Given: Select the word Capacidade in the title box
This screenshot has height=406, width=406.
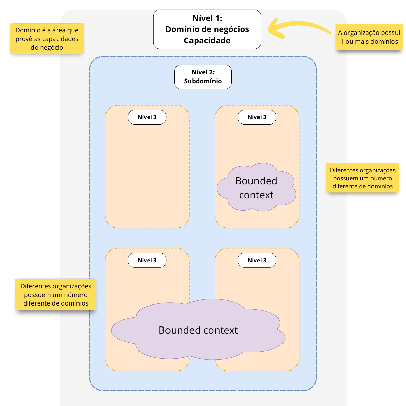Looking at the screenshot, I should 207,41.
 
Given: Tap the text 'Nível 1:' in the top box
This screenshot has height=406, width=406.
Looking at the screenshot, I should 207,18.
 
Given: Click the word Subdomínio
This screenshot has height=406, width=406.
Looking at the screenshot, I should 203,81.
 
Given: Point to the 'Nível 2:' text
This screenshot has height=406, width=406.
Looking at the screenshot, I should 203,72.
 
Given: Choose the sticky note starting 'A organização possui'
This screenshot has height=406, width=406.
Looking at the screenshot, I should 369,37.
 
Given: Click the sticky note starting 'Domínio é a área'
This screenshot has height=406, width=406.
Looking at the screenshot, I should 47,39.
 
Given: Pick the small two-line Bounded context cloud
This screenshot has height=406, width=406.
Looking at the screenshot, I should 256,188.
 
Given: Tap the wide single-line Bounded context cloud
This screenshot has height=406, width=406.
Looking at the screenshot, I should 198,330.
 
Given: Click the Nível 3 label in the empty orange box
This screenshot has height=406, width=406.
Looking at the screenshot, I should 147,117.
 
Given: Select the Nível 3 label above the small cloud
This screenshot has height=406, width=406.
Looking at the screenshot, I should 257,117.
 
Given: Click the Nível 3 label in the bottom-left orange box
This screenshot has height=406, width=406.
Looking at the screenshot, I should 147,261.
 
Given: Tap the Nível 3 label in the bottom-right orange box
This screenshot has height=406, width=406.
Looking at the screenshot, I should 257,261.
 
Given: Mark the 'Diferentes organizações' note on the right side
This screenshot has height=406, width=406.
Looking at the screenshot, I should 363,178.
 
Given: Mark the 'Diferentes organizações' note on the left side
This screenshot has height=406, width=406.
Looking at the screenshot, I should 56,294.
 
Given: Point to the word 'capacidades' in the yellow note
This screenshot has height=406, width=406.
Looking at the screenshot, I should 60,39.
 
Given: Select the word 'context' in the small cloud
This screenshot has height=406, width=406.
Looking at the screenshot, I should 256,195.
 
